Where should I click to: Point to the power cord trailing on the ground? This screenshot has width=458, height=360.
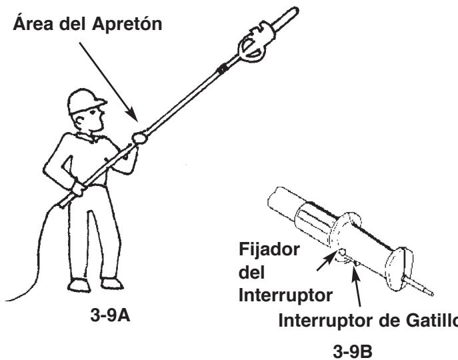tap(27, 267)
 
